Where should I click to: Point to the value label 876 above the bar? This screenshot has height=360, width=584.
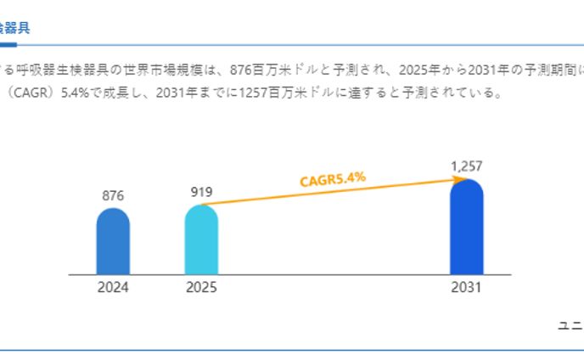point(113,195)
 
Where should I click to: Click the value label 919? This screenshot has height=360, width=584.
point(201,192)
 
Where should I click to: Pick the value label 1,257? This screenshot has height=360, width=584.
point(466,166)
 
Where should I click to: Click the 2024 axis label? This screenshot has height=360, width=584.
point(113,288)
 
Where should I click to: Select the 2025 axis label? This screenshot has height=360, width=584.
point(201,288)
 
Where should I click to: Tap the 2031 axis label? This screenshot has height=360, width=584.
point(466,288)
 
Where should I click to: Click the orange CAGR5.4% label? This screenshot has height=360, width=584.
point(333,178)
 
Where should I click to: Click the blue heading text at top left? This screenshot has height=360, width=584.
point(14,27)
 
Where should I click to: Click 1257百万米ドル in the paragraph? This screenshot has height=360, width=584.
point(292,93)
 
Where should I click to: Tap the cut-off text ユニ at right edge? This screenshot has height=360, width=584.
point(570,325)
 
